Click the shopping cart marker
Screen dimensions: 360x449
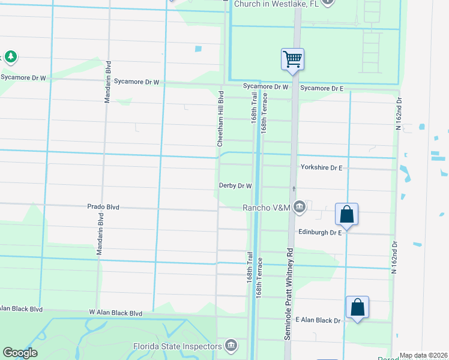pyautogui.click(x=292, y=59)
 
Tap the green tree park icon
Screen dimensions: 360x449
pyautogui.click(x=10, y=57)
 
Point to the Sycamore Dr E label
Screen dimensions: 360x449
pyautogui.click(x=321, y=88)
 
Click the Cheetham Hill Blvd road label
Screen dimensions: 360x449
pyautogui.click(x=220, y=118)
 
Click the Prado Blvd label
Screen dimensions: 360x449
pyautogui.click(x=104, y=207)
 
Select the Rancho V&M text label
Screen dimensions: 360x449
pyautogui.click(x=266, y=208)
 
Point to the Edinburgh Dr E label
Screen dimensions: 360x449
pyautogui.click(x=319, y=232)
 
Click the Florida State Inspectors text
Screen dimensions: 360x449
pyautogui.click(x=177, y=346)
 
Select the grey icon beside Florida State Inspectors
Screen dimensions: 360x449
pyautogui.click(x=231, y=346)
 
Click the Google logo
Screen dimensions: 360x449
pyautogui.click(x=20, y=353)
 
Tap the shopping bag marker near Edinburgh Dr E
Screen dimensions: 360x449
pyautogui.click(x=347, y=214)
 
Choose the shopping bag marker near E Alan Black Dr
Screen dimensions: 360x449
pyautogui.click(x=357, y=307)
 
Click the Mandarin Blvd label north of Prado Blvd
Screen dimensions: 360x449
pyautogui.click(x=108, y=82)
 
